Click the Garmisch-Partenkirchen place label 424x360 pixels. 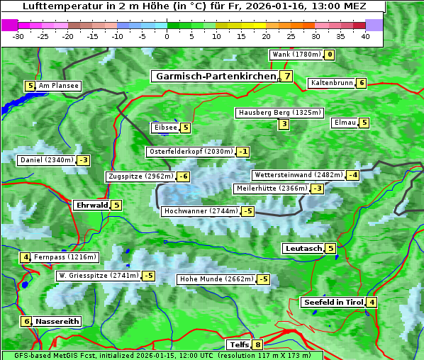pos(215,76)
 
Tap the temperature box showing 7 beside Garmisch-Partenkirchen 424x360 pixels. pos(286,76)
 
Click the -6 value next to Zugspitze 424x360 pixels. pos(184,176)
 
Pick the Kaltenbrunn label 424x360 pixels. pos(331,83)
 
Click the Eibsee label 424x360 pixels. pos(165,128)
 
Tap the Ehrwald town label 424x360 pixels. pos(91,206)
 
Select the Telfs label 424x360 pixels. pos(238,345)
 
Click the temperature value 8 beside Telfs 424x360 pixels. pos(257,345)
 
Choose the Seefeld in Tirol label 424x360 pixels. pos(333,303)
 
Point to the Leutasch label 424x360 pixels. pos(303,248)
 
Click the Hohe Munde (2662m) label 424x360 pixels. pos(216,279)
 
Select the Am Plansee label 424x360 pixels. pos(58,86)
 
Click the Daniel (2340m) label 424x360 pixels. pos(46,160)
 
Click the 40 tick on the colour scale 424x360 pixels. pos(365,36)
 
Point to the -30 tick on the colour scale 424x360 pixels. pos(18,36)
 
